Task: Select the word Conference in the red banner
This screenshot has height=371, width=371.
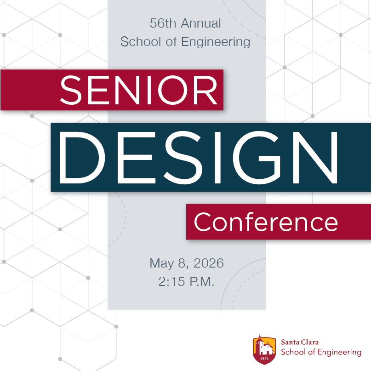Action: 266,223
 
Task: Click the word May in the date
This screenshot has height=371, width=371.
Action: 161,264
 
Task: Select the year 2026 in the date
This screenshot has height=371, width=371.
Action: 209,264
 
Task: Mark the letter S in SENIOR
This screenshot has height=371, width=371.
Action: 71,91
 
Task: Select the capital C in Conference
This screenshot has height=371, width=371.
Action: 204,223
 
